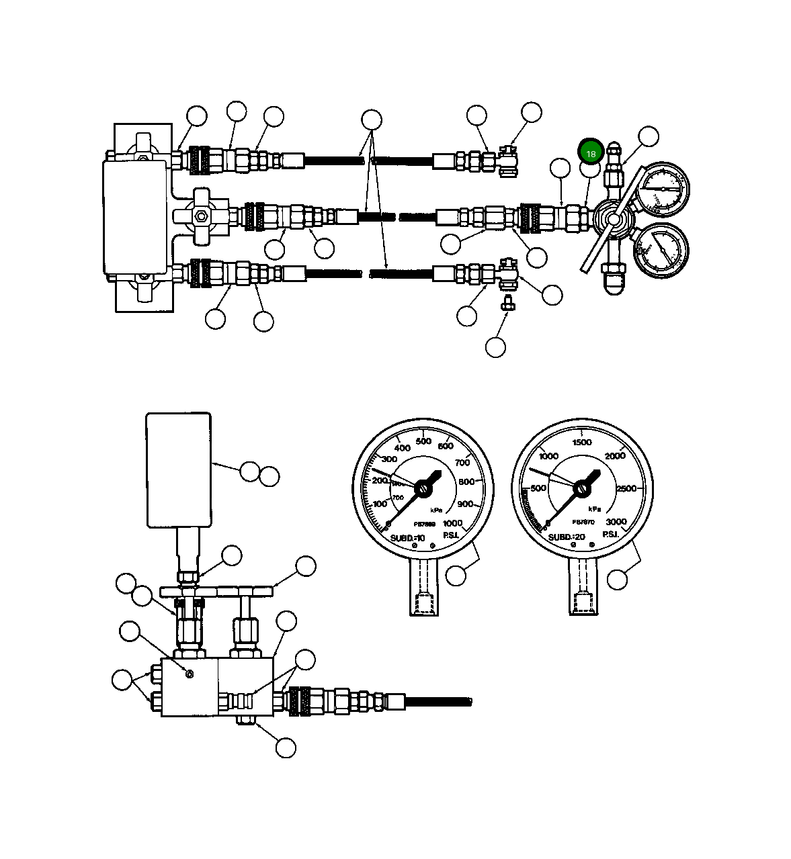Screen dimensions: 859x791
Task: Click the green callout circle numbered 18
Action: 591,153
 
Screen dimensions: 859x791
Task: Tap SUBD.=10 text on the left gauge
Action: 408,537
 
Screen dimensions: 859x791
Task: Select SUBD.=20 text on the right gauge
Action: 567,537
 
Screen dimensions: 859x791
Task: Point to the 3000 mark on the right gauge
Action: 616,521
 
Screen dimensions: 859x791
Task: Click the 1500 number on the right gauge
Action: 581,442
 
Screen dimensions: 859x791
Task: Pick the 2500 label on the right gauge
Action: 626,488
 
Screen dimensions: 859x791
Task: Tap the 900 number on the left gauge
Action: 465,504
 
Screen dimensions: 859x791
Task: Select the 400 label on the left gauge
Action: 402,448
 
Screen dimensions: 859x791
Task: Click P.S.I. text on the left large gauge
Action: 450,535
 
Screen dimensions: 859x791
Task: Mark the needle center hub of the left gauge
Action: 423,490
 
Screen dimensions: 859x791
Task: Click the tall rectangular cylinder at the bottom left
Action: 179,469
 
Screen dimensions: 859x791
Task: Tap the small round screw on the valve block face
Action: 190,674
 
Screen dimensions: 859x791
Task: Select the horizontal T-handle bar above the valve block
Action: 216,591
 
